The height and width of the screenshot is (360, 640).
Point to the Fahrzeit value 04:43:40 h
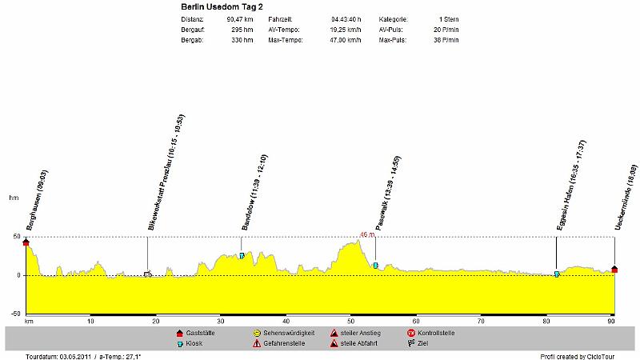(x=345, y=18)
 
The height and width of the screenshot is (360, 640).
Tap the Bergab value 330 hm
(x=242, y=39)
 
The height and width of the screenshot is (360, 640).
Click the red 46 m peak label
(x=367, y=235)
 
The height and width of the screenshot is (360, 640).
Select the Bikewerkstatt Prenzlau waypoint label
(x=166, y=173)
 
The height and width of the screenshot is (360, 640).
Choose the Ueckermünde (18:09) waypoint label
(x=626, y=197)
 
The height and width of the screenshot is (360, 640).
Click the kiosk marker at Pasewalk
(x=375, y=265)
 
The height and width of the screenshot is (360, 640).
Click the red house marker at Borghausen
(x=26, y=242)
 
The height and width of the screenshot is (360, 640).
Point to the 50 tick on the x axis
(x=351, y=321)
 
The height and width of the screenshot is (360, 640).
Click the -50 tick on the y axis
(x=14, y=314)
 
